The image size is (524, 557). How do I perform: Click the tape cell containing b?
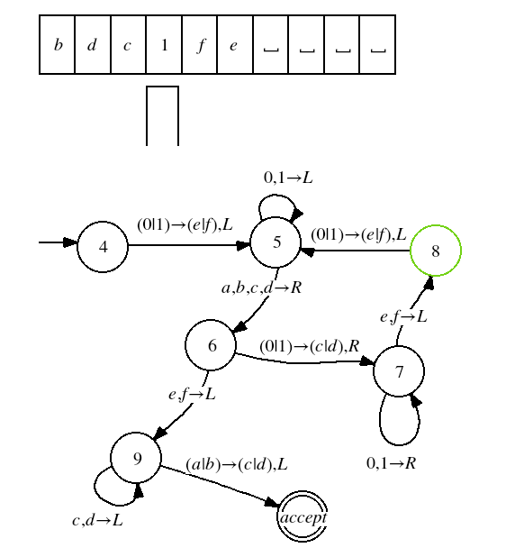pos(57,45)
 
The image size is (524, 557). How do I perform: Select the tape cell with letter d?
pos(93,45)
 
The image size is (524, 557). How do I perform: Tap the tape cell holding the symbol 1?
pos(164,45)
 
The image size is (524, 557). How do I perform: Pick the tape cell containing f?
pos(199,45)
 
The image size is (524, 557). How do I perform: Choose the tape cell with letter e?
pos(235,45)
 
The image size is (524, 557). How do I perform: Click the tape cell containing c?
pos(128,45)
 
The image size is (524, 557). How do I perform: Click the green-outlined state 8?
pos(436,251)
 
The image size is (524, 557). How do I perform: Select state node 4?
pos(103,247)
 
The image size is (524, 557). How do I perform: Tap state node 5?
pos(276,242)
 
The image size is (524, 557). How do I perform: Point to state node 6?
pos(211,345)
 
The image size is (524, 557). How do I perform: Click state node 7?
pos(399,371)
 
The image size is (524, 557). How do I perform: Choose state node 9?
pos(136,458)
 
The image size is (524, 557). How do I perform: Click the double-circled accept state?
pos(303,516)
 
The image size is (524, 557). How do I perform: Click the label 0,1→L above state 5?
pos(288,178)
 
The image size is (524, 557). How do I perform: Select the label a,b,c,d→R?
pos(261,288)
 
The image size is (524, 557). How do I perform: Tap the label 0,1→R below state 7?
pos(391,463)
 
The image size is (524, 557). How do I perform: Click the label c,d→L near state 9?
pos(97,520)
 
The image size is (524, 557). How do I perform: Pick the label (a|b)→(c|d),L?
pos(237,464)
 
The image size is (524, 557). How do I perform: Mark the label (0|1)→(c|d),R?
pos(310,345)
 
